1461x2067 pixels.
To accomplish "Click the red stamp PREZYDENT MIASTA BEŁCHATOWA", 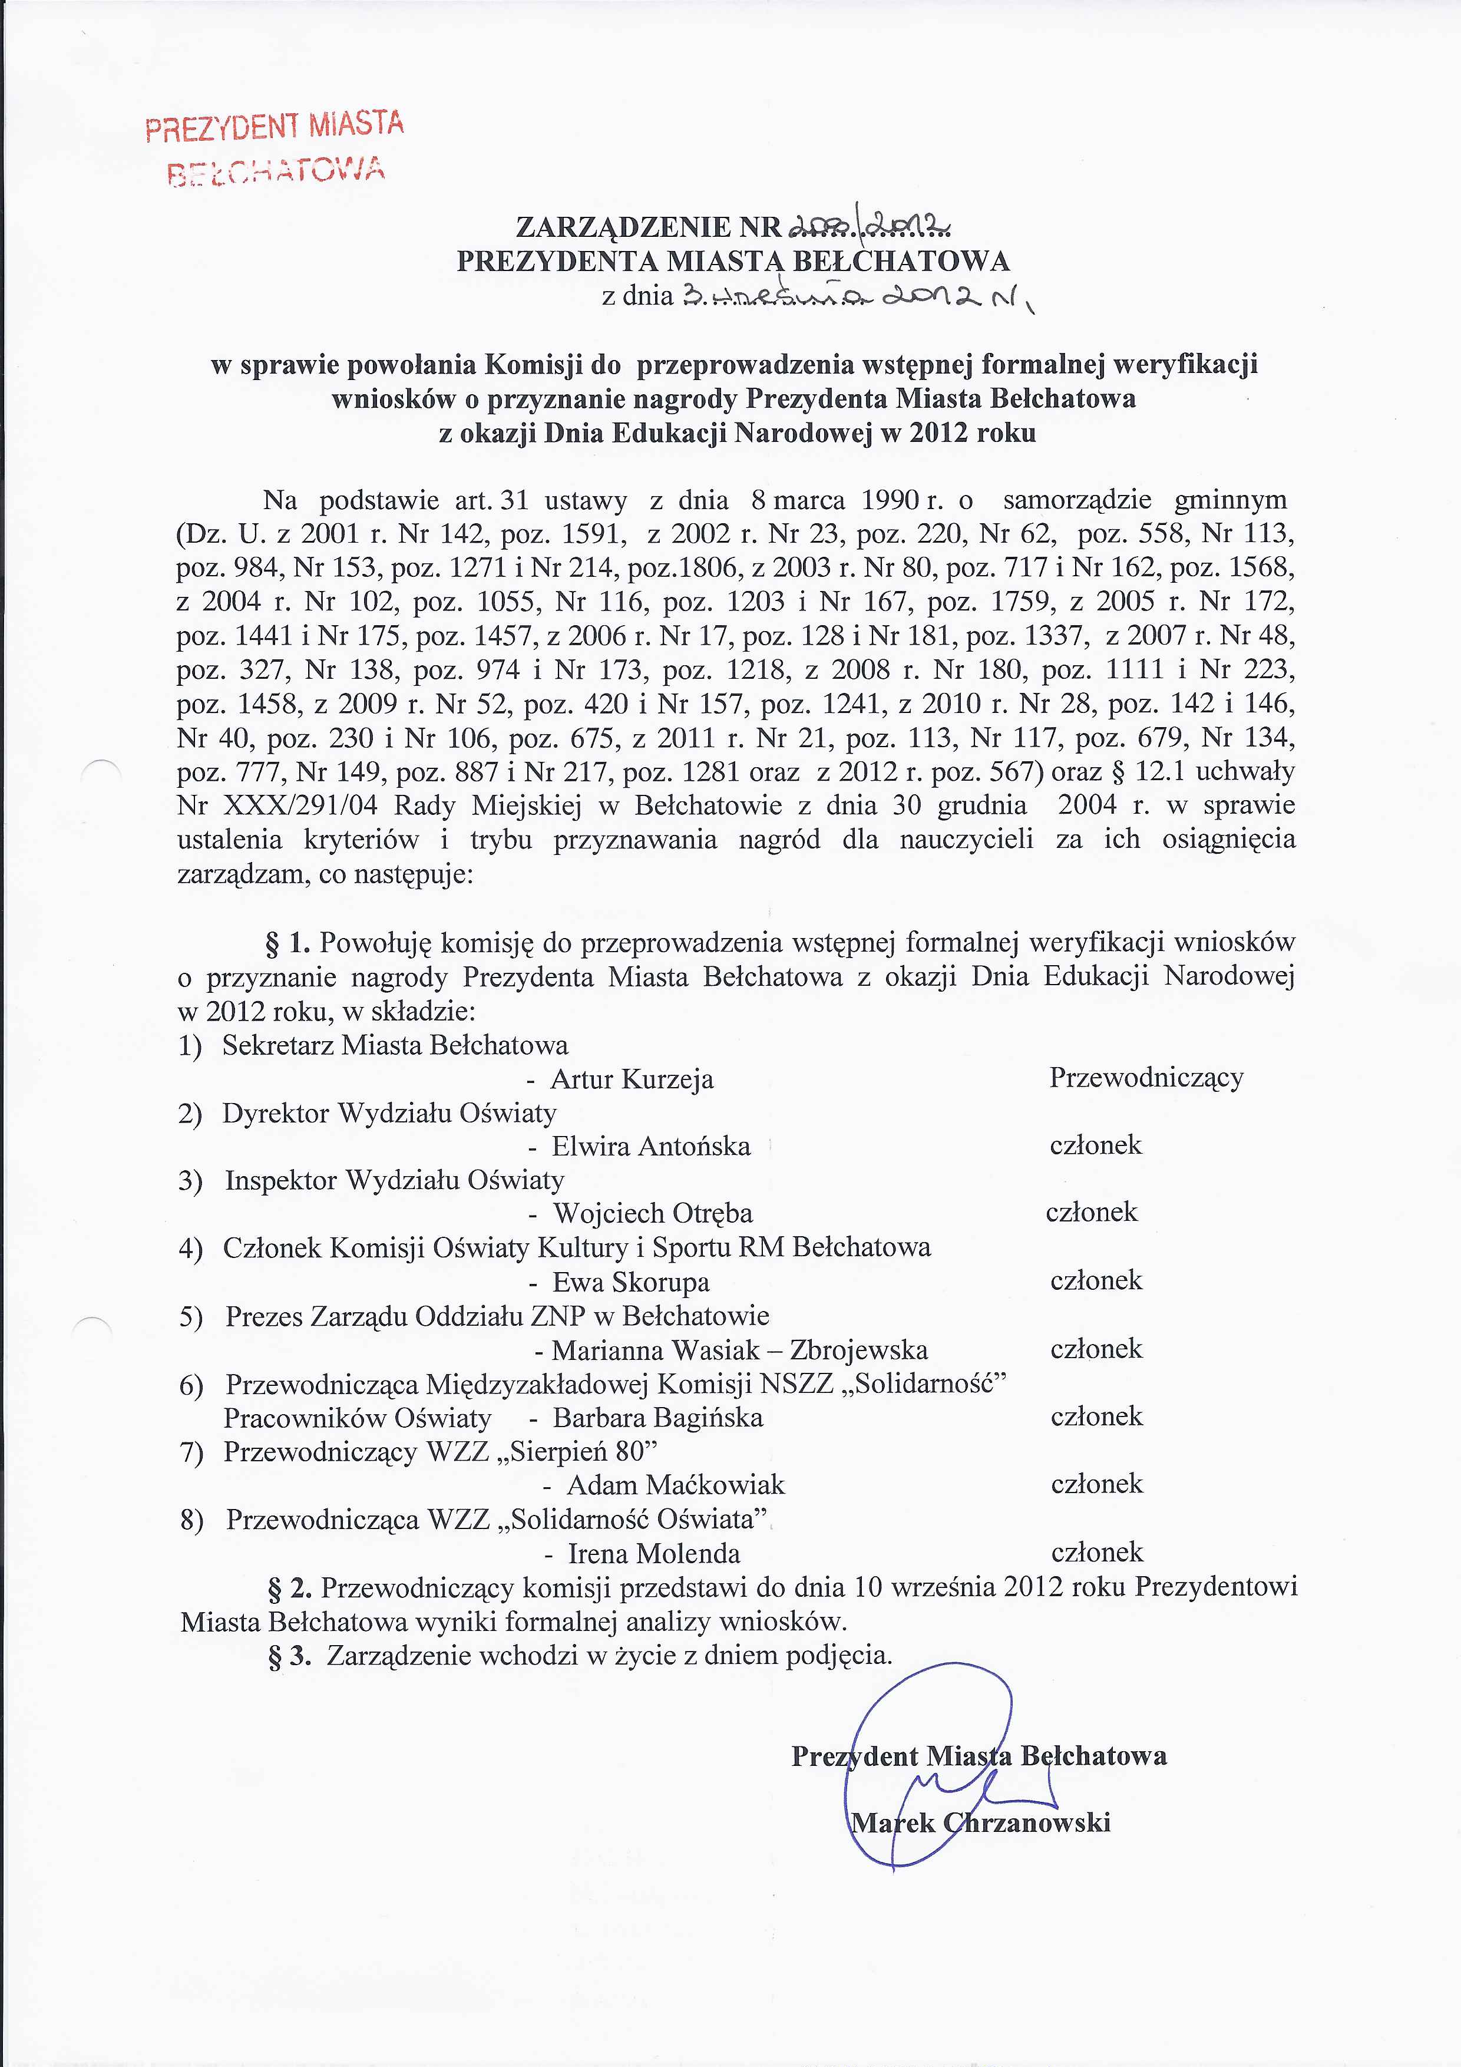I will click(x=275, y=147).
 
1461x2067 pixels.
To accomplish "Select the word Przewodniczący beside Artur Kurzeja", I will click(x=1146, y=1078).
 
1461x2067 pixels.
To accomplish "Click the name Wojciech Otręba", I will click(x=653, y=1214).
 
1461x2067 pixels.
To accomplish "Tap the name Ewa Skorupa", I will click(x=630, y=1282).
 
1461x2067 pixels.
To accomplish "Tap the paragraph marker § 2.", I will click(x=290, y=1587).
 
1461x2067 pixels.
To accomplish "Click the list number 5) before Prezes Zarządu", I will click(x=191, y=1317).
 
